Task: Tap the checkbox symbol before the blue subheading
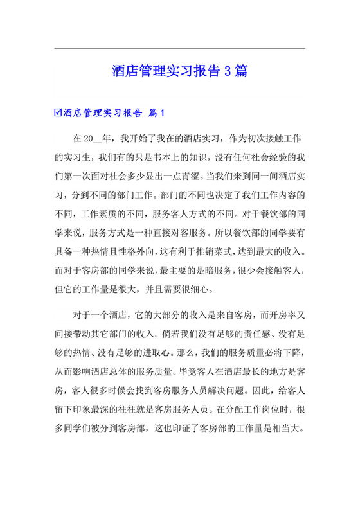tap(58, 112)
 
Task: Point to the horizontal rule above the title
tap(179, 48)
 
